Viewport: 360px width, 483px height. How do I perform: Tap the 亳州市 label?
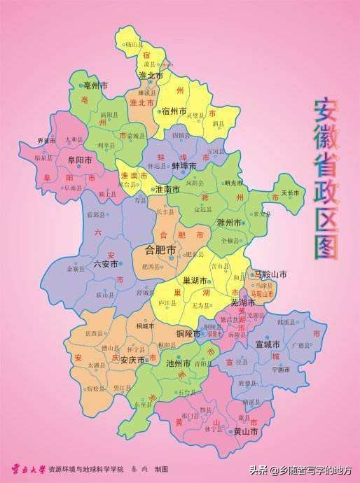coord(95,85)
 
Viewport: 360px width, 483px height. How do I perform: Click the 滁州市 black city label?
coord(230,223)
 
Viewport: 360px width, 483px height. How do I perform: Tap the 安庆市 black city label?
coord(132,360)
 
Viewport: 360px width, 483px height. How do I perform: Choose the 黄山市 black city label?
coord(246,432)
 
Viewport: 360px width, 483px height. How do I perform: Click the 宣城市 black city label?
coord(268,345)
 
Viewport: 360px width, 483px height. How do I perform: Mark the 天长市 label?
coord(290,192)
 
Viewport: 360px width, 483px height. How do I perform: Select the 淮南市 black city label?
coord(167,190)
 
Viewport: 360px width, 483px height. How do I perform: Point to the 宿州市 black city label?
coord(174,111)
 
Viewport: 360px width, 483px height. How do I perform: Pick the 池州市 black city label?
coord(178,364)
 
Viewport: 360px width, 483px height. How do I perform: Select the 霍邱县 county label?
coord(95,214)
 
